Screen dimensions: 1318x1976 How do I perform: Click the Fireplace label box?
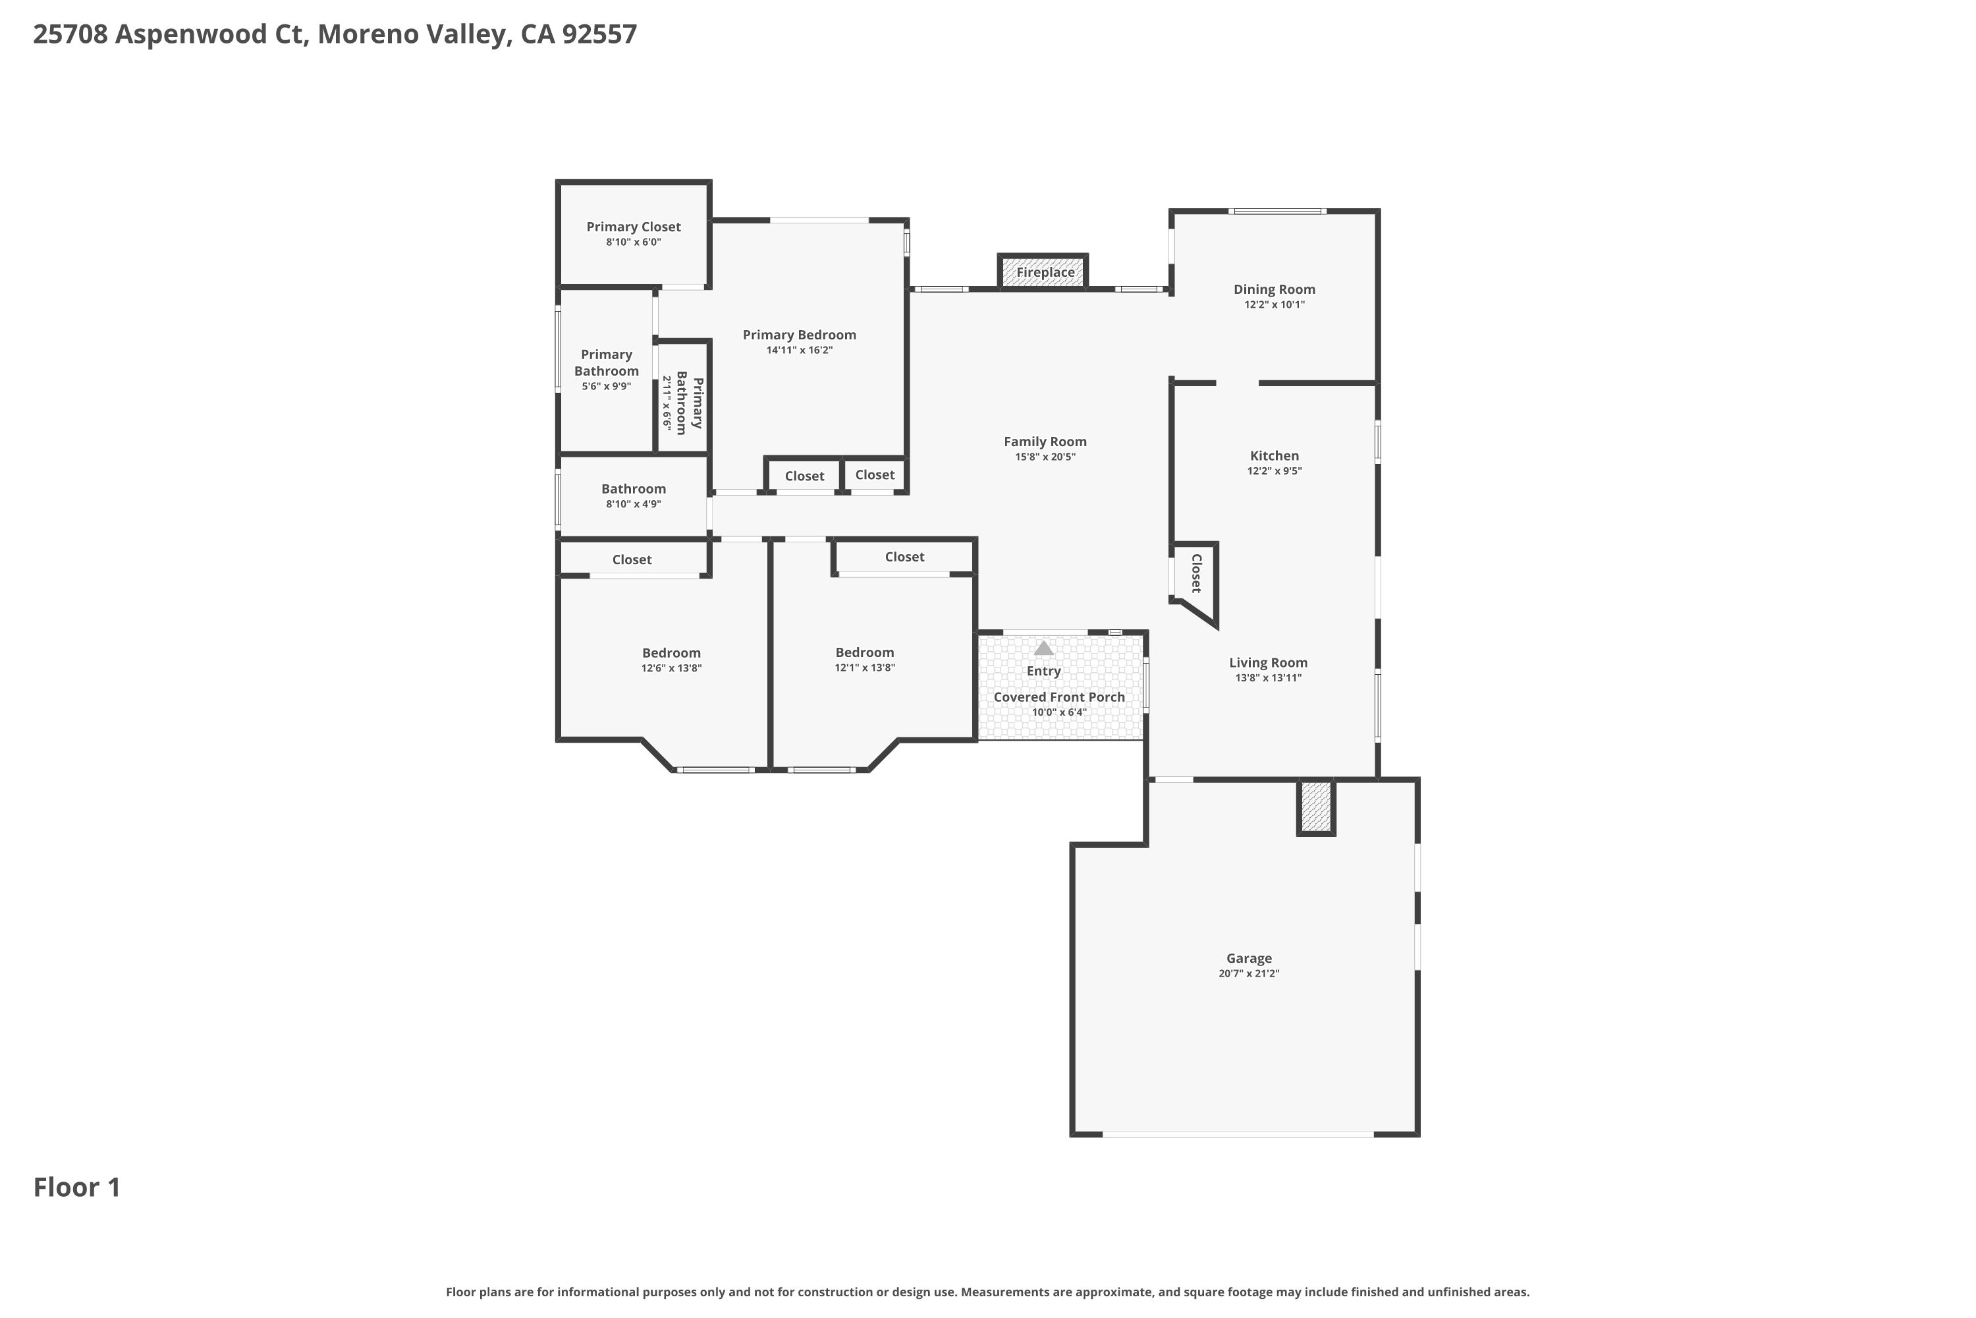point(1044,272)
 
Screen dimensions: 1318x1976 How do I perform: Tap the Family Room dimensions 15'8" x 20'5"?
point(1044,457)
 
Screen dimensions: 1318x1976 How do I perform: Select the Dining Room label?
point(1274,289)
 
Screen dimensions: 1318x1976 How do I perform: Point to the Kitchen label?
point(1274,455)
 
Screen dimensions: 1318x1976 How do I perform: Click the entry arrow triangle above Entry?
point(1043,648)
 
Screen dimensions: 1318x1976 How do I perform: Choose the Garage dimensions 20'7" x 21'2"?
point(1248,973)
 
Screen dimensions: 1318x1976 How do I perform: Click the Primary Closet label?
point(634,227)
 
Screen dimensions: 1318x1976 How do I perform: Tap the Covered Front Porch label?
point(1058,697)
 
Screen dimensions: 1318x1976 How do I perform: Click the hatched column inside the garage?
point(1315,806)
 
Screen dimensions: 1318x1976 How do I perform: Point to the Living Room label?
point(1268,662)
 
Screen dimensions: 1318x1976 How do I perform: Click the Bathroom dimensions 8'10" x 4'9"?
point(634,504)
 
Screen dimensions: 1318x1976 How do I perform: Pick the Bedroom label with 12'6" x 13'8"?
point(671,653)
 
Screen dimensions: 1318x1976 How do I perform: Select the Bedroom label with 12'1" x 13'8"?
point(864,652)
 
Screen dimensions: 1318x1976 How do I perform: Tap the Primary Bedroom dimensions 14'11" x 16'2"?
point(799,351)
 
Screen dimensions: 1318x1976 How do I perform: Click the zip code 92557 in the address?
point(599,34)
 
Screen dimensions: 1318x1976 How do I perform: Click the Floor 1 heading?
point(77,1187)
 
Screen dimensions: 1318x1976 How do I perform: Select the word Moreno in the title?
point(367,34)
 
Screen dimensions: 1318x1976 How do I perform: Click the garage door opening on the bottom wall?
point(1238,1135)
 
